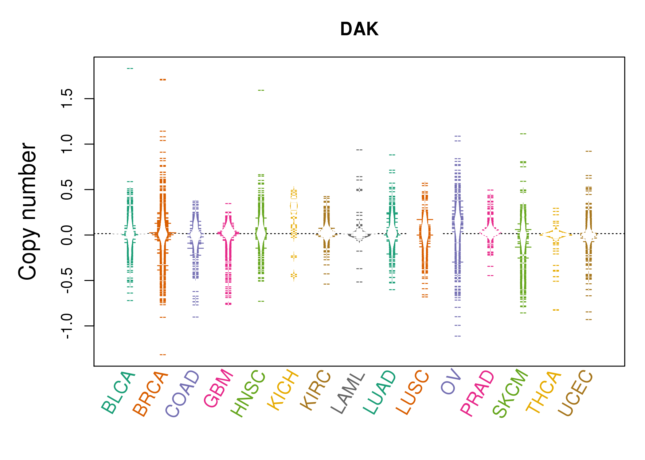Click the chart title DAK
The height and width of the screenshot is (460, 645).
coord(359,29)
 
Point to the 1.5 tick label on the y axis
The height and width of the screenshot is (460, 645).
coord(67,98)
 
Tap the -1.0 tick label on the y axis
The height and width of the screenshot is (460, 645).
coord(67,326)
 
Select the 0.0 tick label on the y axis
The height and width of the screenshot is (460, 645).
coord(67,235)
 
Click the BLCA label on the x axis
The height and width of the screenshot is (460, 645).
coord(118,392)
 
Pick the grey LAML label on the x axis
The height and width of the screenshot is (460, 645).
coord(348,393)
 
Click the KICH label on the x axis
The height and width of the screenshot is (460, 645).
coord(283,390)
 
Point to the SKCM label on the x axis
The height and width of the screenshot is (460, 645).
coord(510,393)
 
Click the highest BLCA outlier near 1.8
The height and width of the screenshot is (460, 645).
coord(130,68)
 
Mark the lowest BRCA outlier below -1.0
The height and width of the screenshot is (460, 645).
coord(163,355)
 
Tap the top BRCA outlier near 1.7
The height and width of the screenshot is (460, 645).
coord(163,80)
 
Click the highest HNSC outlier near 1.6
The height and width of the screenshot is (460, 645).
coord(261,90)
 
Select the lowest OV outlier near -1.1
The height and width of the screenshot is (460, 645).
coord(458,336)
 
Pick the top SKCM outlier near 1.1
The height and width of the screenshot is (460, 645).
coord(523,134)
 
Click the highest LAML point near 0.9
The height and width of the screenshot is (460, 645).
coord(359,150)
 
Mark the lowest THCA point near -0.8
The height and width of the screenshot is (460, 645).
coord(556,310)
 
